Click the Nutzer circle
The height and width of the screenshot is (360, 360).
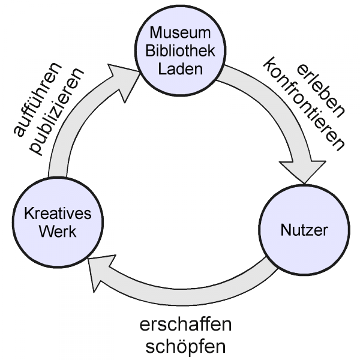304,229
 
